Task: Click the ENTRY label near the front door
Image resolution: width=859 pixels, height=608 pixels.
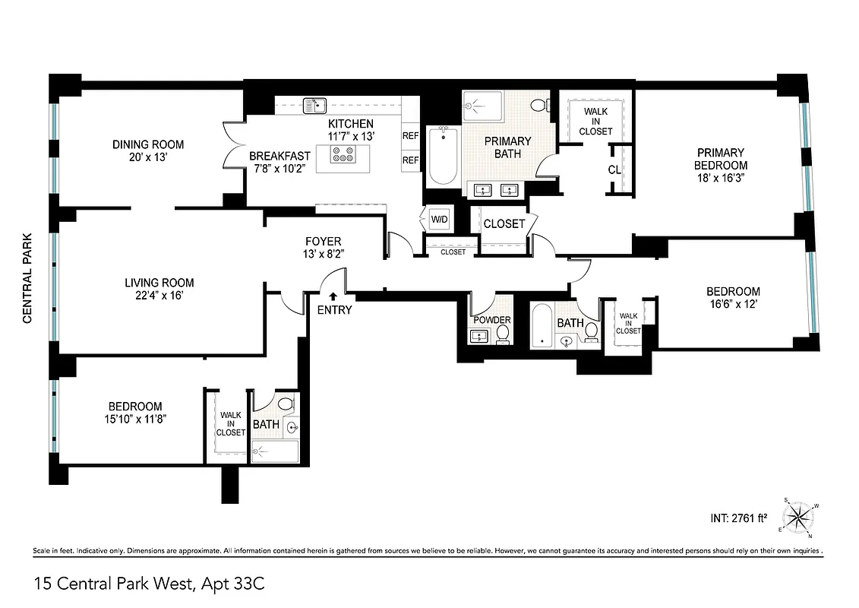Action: [334, 309]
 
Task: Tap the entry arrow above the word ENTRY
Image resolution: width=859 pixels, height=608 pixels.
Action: [333, 296]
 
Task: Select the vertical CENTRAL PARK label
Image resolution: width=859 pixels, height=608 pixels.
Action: [27, 278]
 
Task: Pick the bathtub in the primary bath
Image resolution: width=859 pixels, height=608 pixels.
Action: [442, 156]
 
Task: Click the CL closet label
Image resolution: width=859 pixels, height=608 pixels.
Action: [614, 169]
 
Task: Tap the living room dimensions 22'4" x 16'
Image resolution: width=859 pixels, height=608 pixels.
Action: [155, 296]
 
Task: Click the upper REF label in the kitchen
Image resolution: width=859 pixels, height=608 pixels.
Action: [411, 137]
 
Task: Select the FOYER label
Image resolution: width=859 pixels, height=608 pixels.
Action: [324, 242]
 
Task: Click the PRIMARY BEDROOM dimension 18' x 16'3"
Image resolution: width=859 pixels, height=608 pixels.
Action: [719, 178]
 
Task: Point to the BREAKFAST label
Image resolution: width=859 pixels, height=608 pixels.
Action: [279, 156]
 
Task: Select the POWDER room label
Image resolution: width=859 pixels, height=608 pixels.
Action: [492, 320]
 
